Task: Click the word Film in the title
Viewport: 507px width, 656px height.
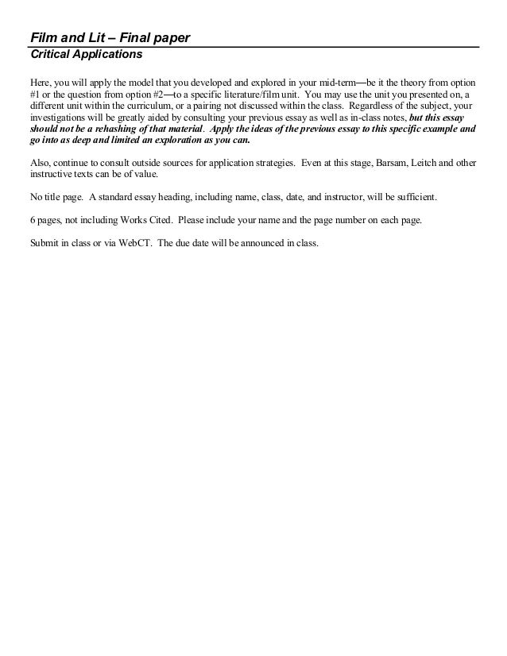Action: tap(42, 38)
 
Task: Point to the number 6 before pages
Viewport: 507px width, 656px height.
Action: tap(33, 219)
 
